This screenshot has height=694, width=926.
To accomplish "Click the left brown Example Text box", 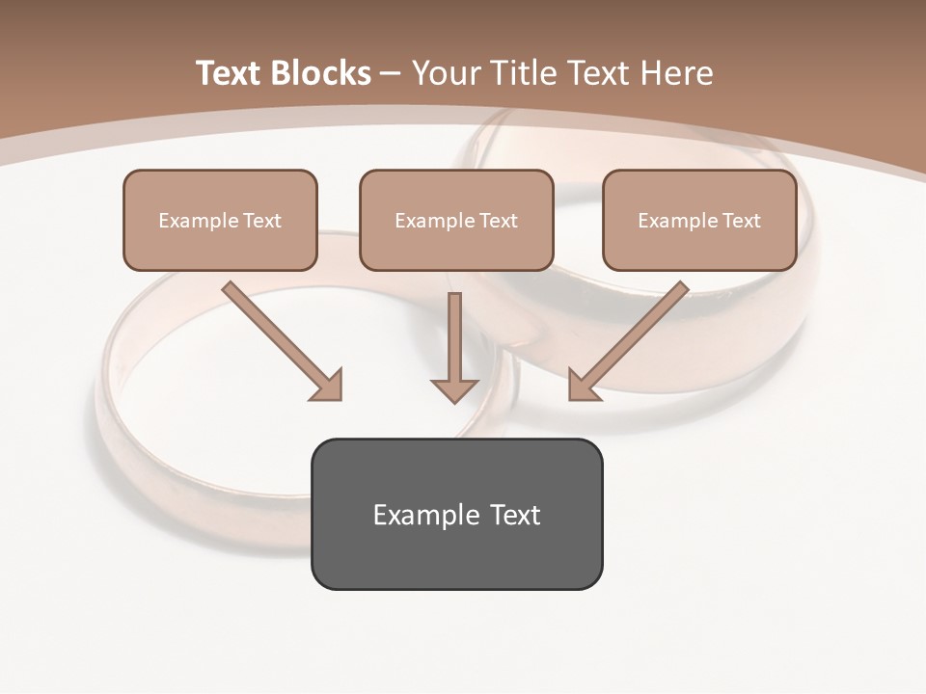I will click(x=220, y=220).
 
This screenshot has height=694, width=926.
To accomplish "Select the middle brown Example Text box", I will click(x=456, y=220).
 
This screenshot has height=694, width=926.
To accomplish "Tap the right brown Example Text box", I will click(x=699, y=220).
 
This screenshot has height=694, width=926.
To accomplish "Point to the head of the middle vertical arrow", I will click(x=454, y=389).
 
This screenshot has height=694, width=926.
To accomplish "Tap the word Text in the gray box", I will click(x=515, y=515).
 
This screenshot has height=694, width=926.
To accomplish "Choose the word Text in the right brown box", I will click(x=741, y=221).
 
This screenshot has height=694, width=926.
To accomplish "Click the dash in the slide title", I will click(x=391, y=74).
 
